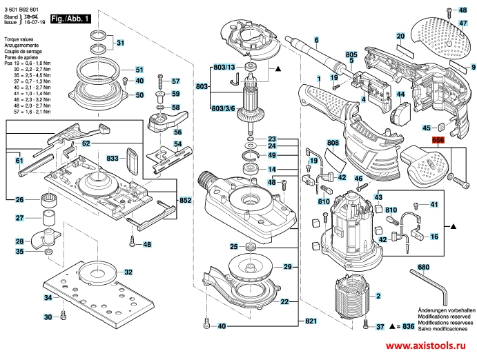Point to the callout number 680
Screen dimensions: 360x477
pyautogui.click(x=424, y=267)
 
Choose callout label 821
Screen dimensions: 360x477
pyautogui.click(x=311, y=322)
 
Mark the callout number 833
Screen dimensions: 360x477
pyautogui.click(x=113, y=158)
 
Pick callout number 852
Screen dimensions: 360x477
pyautogui.click(x=185, y=199)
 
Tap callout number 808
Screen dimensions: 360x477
pyautogui.click(x=333, y=143)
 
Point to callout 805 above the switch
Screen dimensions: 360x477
pyautogui.click(x=351, y=54)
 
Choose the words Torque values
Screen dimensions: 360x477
pyautogui.click(x=19, y=41)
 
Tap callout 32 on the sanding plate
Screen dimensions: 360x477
pyautogui.click(x=128, y=272)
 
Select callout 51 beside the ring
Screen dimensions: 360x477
pyautogui.click(x=138, y=70)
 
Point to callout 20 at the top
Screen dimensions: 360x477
pyautogui.click(x=400, y=36)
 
